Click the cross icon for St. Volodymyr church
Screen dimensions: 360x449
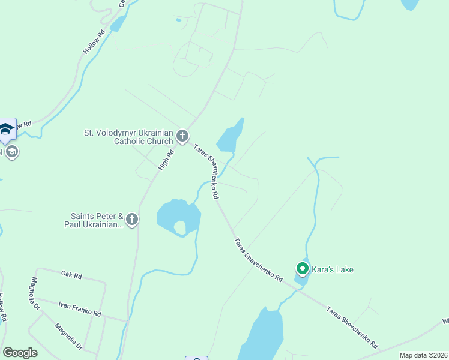182,137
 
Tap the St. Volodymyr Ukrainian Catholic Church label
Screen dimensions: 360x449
130,137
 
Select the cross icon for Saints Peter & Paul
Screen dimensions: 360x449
132,220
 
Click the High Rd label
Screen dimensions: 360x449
166,160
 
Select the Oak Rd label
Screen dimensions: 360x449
71,275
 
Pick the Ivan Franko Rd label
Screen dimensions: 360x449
80,309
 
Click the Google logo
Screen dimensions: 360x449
20,353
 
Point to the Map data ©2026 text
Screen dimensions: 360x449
423,355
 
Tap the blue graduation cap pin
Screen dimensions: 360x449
6,130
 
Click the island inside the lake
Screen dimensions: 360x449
179,227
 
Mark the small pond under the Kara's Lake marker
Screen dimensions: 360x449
300,277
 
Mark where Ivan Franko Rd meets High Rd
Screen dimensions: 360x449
128,321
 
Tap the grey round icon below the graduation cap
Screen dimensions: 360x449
11,152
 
